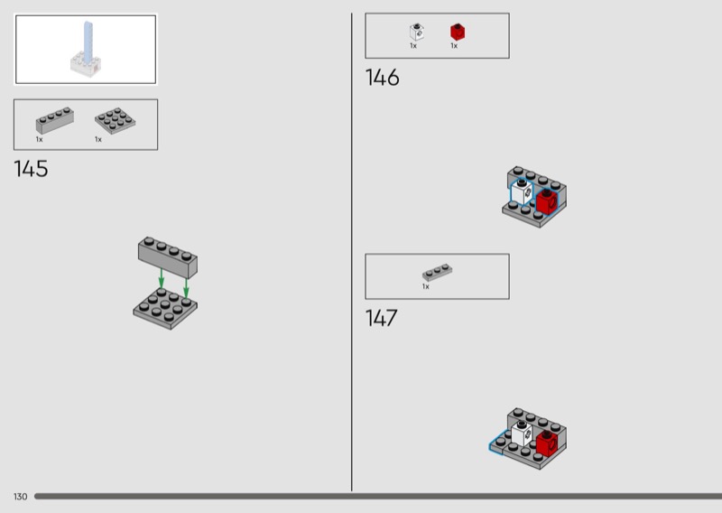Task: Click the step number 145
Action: pyautogui.click(x=31, y=169)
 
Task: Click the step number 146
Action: pyautogui.click(x=382, y=78)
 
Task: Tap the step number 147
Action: pyautogui.click(x=381, y=318)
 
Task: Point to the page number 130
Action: pyautogui.click(x=20, y=497)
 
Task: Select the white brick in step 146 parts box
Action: pyautogui.click(x=417, y=32)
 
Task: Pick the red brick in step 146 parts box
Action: pyautogui.click(x=458, y=32)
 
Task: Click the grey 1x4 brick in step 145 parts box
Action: pyautogui.click(x=55, y=121)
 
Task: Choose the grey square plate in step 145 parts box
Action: pyautogui.click(x=116, y=121)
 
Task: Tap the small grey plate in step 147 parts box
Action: pyautogui.click(x=437, y=273)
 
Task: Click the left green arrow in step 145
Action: pyautogui.click(x=162, y=278)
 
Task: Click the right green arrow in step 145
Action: pyautogui.click(x=186, y=287)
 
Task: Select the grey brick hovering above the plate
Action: pyautogui.click(x=168, y=257)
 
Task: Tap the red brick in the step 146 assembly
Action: pyautogui.click(x=547, y=201)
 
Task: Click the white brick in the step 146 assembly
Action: pyautogui.click(x=522, y=192)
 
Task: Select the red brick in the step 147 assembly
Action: pyautogui.click(x=547, y=443)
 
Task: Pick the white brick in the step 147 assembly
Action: pyautogui.click(x=522, y=434)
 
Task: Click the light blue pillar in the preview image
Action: pyautogui.click(x=88, y=42)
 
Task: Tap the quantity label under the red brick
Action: pyautogui.click(x=454, y=46)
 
